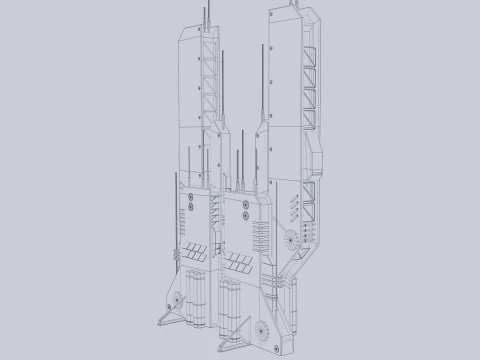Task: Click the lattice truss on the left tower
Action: (x=210, y=85)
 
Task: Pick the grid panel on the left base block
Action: (x=195, y=251)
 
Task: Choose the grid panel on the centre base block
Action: (x=240, y=265)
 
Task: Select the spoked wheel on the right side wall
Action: (x=291, y=239)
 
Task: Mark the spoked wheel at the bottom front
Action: (x=262, y=327)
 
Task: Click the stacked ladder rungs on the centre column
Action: (x=263, y=240)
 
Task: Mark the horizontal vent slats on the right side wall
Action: (x=294, y=207)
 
